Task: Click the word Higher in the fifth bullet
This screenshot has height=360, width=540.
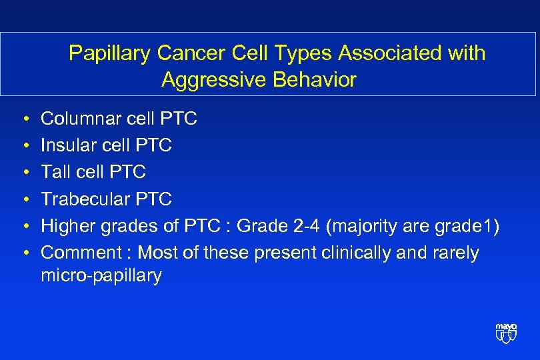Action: pos(69,226)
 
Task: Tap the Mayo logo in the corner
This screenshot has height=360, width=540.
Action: pos(506,332)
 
